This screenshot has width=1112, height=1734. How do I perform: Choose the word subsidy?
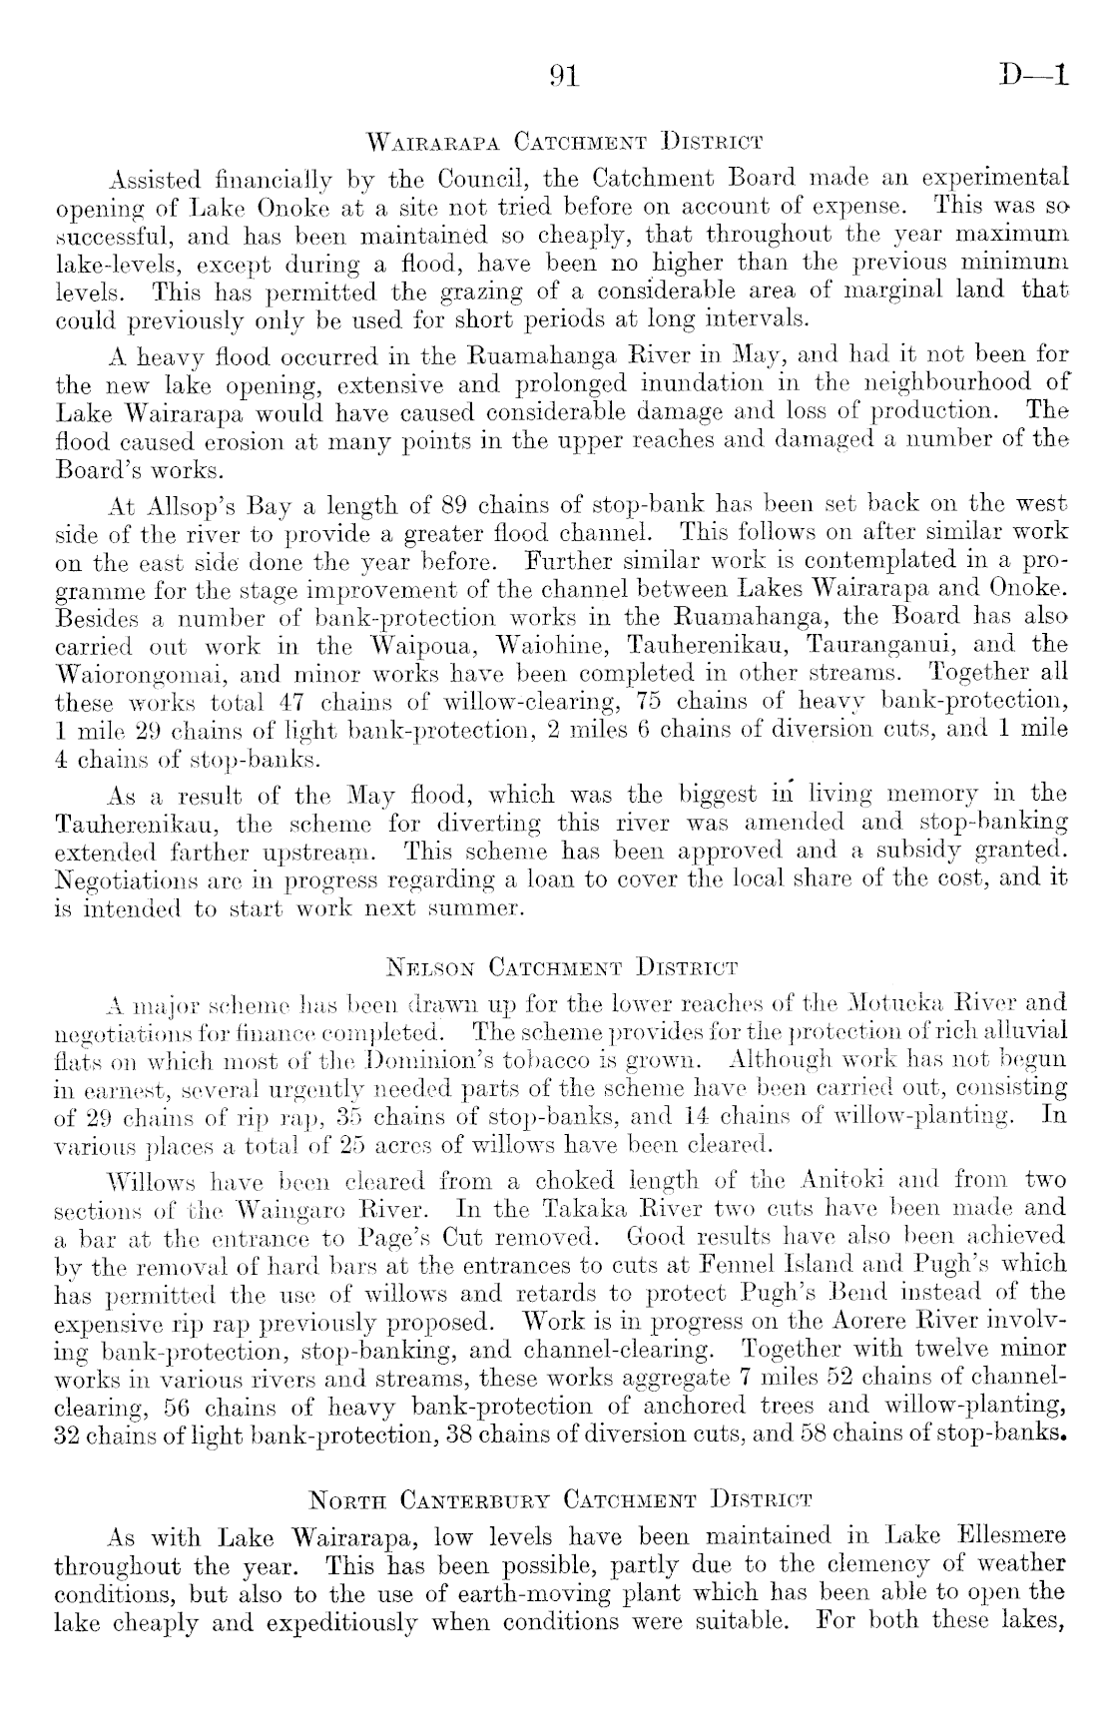coord(918,852)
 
